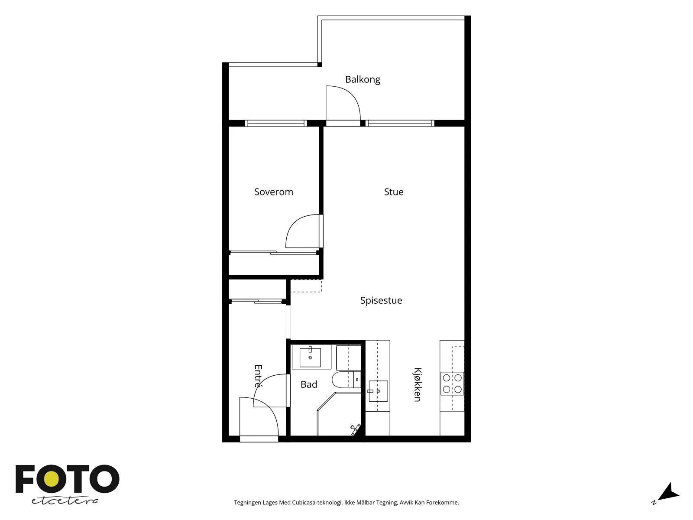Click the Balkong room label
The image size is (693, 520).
pyautogui.click(x=363, y=80)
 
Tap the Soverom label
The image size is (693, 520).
pyautogui.click(x=273, y=192)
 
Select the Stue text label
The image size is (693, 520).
pyautogui.click(x=394, y=192)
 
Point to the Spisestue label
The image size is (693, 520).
pyautogui.click(x=381, y=301)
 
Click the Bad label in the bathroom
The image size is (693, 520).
pyautogui.click(x=309, y=384)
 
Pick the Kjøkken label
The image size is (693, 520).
pyautogui.click(x=417, y=384)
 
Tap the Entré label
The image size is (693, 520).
pyautogui.click(x=258, y=376)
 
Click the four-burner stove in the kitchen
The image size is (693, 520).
pyautogui.click(x=452, y=383)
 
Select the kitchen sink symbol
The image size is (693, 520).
pyautogui.click(x=378, y=391)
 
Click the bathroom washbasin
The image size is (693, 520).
pyautogui.click(x=310, y=357)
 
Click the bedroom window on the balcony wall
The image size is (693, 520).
pyautogui.click(x=275, y=123)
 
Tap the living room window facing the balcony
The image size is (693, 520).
pyautogui.click(x=400, y=123)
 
